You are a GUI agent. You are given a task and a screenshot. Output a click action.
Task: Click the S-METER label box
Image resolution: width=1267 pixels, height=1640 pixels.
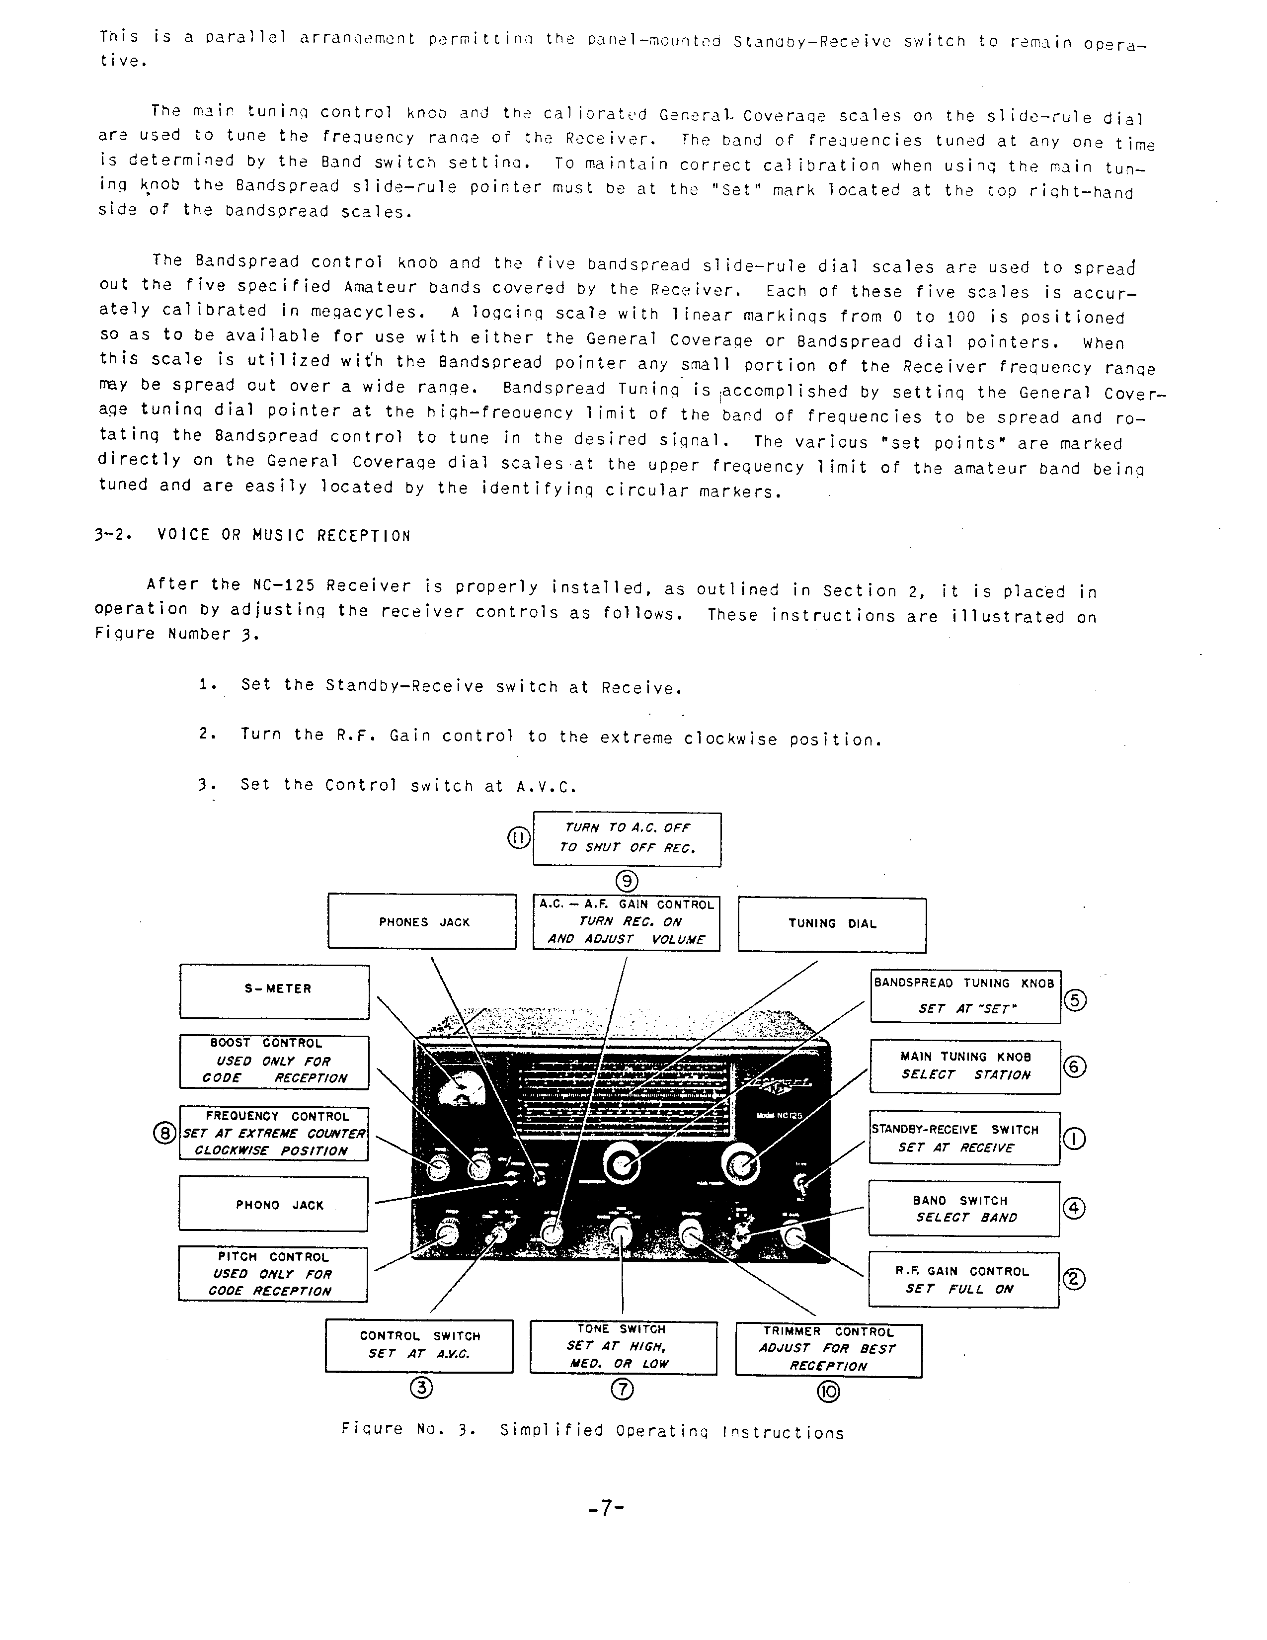tap(275, 991)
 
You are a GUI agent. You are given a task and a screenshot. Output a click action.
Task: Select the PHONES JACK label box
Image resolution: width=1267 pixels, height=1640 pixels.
tap(422, 921)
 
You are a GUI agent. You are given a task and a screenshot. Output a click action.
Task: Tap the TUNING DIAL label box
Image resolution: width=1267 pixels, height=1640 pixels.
tap(832, 924)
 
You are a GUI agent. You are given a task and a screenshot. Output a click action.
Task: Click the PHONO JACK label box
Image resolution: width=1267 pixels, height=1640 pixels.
tap(273, 1205)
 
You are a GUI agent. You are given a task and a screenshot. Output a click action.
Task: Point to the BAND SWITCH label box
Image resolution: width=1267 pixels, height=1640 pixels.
tap(964, 1208)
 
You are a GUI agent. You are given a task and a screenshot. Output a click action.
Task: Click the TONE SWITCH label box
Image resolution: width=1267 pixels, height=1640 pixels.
tap(623, 1347)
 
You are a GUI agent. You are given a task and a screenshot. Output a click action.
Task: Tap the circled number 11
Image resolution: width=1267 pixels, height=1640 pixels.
tap(519, 838)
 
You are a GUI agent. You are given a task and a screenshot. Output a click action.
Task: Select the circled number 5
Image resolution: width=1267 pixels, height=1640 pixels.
tap(1075, 1000)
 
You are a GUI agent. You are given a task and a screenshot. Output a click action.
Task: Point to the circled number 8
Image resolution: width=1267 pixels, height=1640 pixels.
tap(164, 1133)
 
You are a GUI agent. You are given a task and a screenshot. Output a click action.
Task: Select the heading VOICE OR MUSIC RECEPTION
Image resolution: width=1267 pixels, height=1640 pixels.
tap(283, 535)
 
